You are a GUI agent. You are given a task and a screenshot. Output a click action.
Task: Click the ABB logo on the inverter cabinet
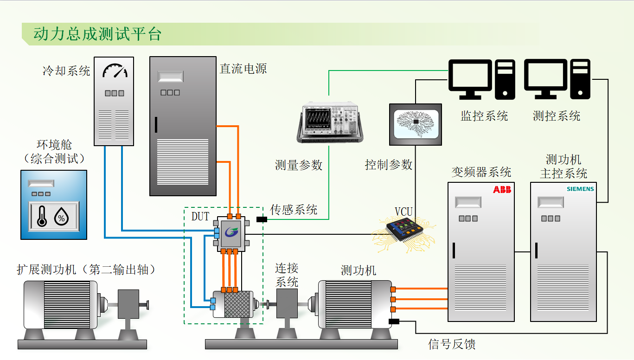click(x=502, y=189)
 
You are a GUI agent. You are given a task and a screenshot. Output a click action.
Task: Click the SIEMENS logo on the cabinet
click(x=580, y=189)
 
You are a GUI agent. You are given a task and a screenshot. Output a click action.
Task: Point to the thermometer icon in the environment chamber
click(x=42, y=216)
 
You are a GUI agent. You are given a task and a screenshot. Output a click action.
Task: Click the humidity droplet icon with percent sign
click(x=61, y=216)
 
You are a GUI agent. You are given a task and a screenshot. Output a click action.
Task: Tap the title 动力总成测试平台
click(x=97, y=34)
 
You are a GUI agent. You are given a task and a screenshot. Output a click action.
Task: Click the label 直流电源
click(x=243, y=69)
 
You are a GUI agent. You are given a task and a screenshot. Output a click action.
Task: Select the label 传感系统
click(x=294, y=210)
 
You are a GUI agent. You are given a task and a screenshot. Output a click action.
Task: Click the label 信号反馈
click(x=451, y=344)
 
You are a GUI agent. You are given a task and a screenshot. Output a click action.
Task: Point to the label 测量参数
click(x=298, y=165)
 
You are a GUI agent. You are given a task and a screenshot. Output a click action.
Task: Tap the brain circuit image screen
click(x=416, y=124)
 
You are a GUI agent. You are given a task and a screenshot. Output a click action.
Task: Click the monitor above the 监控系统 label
click(x=470, y=79)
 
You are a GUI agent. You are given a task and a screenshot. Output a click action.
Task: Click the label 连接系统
click(x=287, y=275)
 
